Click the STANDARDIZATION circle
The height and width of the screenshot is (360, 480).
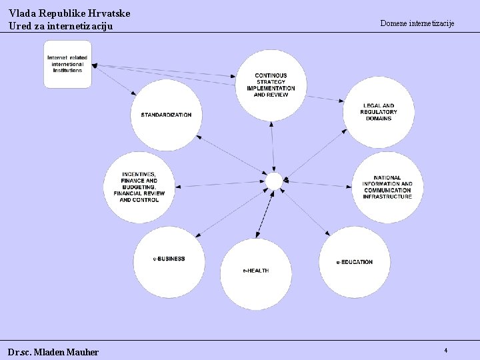(166, 115)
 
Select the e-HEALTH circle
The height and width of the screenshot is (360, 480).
(255, 269)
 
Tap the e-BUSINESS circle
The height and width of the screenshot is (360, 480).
(169, 259)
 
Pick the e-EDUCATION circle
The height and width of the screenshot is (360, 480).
(354, 261)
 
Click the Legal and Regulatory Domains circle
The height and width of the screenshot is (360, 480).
(379, 111)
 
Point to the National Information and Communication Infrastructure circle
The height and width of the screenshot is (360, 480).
(387, 187)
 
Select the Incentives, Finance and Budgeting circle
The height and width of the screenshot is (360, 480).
(139, 187)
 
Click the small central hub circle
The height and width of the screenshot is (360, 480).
(274, 181)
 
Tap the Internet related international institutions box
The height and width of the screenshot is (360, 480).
(67, 64)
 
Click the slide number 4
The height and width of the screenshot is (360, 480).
(445, 350)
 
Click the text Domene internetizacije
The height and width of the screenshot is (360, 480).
(417, 23)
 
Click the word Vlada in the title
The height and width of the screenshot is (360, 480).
(22, 13)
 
